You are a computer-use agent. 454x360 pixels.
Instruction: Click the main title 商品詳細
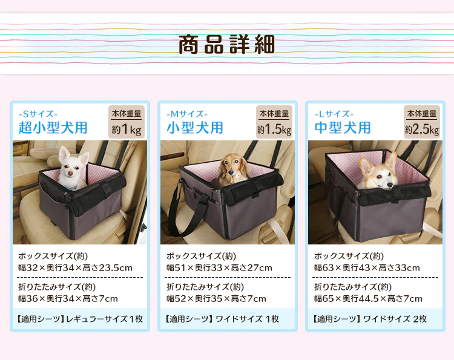tap(226, 45)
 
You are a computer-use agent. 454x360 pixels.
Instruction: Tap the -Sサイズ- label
tap(38, 114)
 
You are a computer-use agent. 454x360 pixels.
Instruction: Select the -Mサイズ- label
tap(187, 114)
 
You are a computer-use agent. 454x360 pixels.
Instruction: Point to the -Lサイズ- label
tap(334, 114)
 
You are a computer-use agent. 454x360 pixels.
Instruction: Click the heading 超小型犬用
tap(53, 128)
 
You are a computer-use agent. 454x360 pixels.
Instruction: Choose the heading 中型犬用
tap(343, 128)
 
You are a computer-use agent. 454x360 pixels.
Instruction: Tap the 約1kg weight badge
tap(127, 122)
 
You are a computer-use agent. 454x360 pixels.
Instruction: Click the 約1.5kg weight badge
tap(274, 122)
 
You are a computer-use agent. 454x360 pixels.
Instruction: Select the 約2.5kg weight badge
tap(422, 122)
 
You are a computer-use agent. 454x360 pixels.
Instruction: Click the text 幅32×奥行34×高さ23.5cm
tap(75, 267)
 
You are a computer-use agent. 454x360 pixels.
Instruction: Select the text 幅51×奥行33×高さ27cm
tap(219, 267)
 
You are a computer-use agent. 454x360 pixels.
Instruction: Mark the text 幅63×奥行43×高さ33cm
tap(367, 267)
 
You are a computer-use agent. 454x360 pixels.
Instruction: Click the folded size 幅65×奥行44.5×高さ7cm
tap(368, 298)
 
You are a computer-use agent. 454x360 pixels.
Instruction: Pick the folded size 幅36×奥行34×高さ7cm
tap(68, 298)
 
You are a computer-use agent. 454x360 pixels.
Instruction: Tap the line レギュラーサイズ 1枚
tap(105, 319)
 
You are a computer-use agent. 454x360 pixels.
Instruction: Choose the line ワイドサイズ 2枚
tap(395, 319)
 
